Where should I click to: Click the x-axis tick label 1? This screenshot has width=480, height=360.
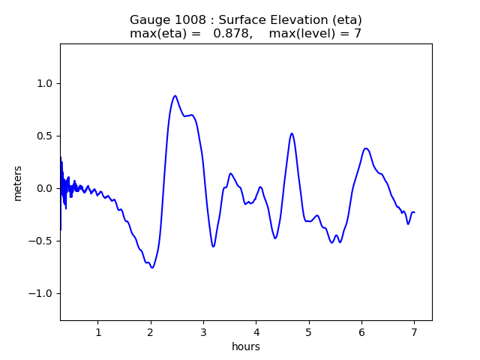click(98, 333)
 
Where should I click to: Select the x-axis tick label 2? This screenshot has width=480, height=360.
click(151, 333)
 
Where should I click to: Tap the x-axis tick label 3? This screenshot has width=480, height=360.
click(203, 333)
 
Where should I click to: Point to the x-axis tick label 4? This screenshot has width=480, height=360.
click(256, 333)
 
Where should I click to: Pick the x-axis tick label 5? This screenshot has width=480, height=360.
click(309, 333)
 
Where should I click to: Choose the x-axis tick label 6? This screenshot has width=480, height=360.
click(361, 333)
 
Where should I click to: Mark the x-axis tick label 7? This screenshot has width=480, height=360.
click(414, 333)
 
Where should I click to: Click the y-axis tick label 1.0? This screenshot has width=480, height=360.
click(45, 83)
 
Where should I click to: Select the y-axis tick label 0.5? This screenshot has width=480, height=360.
click(45, 136)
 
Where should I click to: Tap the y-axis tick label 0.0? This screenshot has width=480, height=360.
click(45, 188)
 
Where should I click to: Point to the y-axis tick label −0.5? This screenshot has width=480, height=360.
click(42, 241)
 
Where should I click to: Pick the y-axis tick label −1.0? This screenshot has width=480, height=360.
click(42, 293)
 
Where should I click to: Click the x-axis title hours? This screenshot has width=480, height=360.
click(246, 347)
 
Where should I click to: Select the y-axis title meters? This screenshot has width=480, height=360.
click(18, 183)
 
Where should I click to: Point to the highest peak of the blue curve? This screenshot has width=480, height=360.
click(175, 96)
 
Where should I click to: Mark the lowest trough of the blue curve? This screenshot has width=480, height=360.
click(152, 268)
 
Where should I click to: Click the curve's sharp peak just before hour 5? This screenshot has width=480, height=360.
click(292, 133)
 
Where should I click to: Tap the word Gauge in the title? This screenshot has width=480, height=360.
click(148, 20)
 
